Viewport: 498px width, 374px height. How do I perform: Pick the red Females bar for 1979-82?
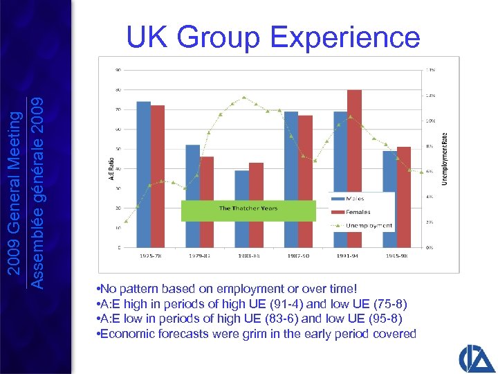[207, 202]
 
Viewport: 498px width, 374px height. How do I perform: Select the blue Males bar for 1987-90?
[291, 179]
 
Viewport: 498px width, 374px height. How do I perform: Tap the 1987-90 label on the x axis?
[298, 256]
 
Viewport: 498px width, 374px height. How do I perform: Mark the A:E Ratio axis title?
[111, 168]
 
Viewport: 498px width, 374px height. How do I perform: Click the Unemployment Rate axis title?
[443, 159]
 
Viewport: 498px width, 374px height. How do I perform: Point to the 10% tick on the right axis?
[430, 121]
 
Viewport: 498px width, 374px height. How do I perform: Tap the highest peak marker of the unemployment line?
[244, 98]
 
